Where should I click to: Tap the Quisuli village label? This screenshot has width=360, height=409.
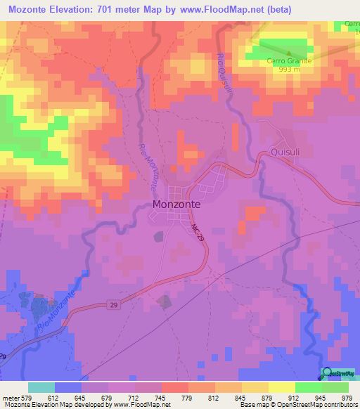285,152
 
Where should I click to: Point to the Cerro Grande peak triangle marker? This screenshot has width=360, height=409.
288,53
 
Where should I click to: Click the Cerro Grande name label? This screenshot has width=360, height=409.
288,61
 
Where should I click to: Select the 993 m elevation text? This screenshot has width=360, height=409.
288,70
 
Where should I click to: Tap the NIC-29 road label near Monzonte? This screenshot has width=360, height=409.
196,233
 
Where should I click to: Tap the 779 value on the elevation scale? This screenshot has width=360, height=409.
186,397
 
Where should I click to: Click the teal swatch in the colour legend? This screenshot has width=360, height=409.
41,387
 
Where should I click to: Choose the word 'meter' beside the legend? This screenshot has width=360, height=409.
11,397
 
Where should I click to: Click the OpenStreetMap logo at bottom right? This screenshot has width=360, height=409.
339,374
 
